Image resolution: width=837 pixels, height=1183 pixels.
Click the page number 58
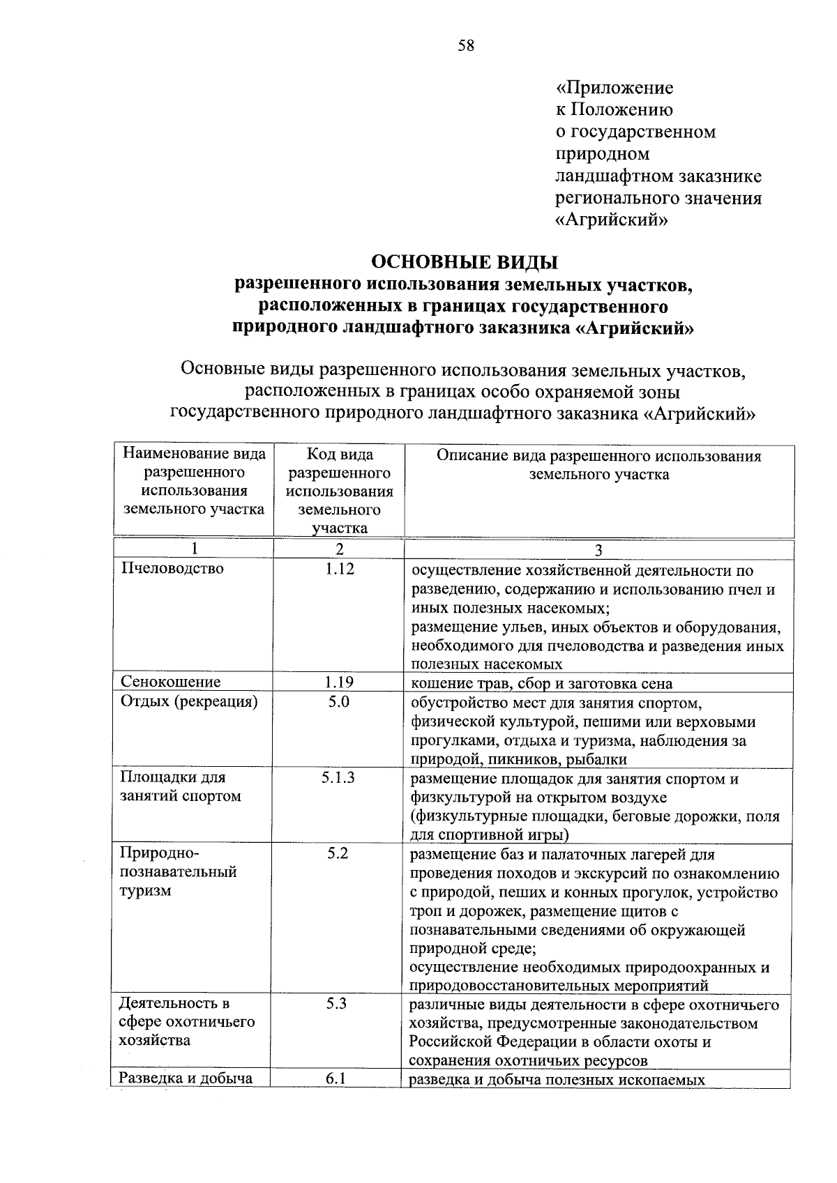coord(466,46)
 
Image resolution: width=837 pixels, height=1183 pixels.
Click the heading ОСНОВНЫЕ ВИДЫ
coord(465,262)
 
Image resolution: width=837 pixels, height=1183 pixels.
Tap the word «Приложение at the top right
coord(614,88)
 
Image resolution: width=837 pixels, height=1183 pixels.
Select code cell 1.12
coord(340,569)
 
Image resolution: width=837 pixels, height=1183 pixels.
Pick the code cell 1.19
coord(340,682)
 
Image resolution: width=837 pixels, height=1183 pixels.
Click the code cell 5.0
coord(339,701)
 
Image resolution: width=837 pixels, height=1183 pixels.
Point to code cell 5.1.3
coord(338,777)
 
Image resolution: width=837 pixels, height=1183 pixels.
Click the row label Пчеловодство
coord(172,569)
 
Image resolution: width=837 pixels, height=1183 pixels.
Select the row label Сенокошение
coord(170,682)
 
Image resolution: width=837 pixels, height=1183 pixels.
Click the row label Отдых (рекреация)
coord(189,701)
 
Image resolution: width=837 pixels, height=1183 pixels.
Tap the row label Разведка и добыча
coord(186,1079)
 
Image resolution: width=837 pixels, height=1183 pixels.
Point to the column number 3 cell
coord(598,550)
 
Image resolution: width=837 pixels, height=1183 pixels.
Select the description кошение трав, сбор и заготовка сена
coord(541,683)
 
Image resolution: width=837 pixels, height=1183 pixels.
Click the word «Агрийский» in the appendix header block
coord(612,220)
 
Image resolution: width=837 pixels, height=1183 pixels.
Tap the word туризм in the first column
coord(145,891)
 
